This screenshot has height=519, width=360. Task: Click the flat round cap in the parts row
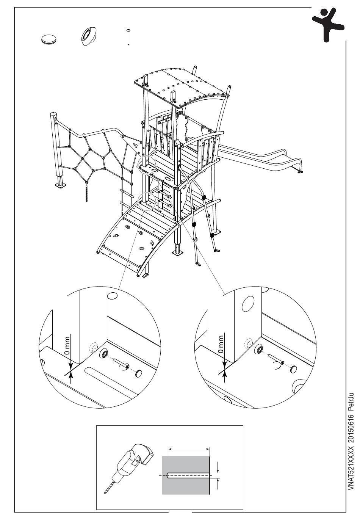click(48, 39)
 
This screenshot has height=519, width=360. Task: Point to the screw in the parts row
click(129, 37)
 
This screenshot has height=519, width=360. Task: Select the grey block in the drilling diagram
click(186, 475)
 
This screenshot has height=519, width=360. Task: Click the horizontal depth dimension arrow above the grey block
click(189, 448)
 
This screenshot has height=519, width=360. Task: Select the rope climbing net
click(95, 155)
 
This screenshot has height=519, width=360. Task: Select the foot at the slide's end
click(301, 171)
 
